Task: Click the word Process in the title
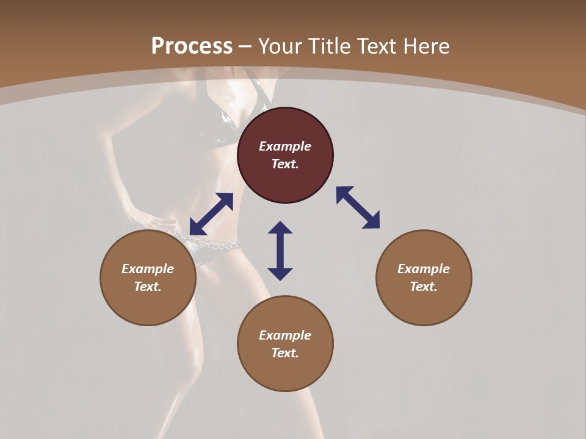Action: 192,46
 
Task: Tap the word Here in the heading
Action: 425,46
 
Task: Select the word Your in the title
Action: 281,46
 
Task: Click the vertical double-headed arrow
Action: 280,251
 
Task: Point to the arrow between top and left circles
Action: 211,214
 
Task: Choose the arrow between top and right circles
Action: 358,207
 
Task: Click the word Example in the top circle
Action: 285,146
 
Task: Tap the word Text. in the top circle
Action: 285,164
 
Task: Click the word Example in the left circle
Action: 148,269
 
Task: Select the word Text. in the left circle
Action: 148,287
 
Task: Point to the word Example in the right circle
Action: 424,269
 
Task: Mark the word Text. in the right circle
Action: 424,287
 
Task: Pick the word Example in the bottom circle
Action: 285,335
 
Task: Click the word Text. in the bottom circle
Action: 285,353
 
